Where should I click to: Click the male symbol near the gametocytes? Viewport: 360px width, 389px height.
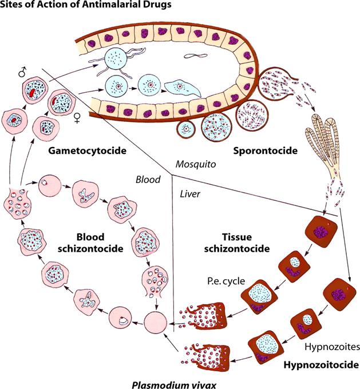[22, 73]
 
